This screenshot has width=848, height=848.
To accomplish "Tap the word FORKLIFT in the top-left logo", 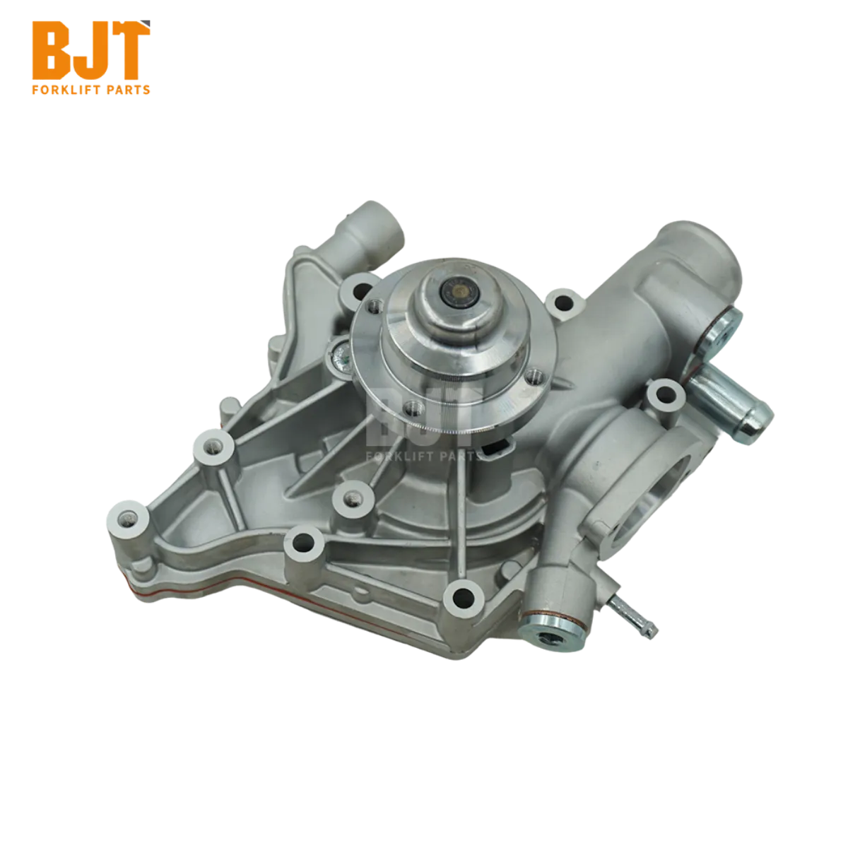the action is click(65, 90).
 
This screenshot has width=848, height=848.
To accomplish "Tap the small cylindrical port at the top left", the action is click(374, 227).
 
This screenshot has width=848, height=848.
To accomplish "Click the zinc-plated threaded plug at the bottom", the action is click(545, 634).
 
